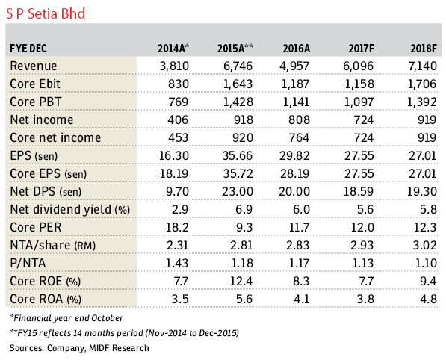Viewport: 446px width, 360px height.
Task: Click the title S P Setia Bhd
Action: coord(46,13)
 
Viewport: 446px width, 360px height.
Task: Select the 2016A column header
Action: coord(296,49)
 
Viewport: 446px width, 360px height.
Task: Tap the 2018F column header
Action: coord(424,49)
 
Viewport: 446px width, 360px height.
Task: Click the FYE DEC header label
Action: coord(28,49)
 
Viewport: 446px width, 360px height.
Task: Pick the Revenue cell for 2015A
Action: coord(238,66)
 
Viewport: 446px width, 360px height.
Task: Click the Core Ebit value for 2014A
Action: coord(179,84)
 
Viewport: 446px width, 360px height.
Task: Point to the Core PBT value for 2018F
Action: coord(422,102)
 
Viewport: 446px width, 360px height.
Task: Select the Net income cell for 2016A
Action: coord(299,120)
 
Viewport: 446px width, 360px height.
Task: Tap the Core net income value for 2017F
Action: coord(364,138)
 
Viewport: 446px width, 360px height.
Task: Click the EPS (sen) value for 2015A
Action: coord(238,156)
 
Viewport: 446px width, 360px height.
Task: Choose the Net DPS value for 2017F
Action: coord(359,192)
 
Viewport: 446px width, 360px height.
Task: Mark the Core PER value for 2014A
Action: coord(177,228)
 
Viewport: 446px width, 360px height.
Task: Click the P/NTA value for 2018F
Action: coord(426,264)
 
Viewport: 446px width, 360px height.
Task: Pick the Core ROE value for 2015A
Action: coord(241,282)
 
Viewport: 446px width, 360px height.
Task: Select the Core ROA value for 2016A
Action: coord(302,300)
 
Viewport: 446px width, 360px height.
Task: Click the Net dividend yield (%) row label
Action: coord(70,210)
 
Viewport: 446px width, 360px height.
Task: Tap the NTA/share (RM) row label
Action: coord(52,246)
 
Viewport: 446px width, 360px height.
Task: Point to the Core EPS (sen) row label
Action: coord(48,174)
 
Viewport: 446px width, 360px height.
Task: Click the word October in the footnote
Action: coord(107,318)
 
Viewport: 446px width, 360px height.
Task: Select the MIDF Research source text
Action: coord(119,348)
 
